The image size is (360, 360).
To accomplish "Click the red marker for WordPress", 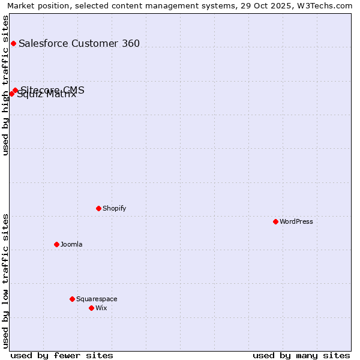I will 275,221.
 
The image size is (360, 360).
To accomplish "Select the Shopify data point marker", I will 98,208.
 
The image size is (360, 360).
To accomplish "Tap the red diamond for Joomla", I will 56,244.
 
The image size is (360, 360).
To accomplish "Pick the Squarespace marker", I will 72,299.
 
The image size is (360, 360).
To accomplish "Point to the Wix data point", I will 91,308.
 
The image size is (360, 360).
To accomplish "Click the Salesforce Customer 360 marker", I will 13,43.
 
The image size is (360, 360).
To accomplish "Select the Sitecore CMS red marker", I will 15,91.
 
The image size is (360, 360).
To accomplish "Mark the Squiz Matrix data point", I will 11,94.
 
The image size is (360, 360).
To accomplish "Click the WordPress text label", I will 296,221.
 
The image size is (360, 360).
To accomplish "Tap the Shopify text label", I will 114,208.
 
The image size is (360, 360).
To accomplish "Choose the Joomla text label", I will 71,244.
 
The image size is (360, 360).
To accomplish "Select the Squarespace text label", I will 97,299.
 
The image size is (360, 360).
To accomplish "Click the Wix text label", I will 101,308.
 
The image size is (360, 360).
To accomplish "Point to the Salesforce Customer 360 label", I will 79,43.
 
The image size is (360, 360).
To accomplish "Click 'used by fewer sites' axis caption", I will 62,355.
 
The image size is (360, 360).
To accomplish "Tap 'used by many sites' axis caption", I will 301,355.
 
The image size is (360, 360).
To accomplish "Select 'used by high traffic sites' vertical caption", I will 5,85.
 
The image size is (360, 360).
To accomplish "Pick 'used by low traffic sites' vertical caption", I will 5,281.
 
